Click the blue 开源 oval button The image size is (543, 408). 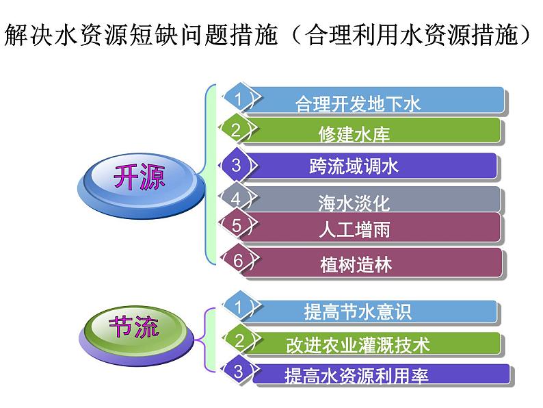138,180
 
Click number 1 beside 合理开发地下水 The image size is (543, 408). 238,99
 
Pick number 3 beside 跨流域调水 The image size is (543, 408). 236,165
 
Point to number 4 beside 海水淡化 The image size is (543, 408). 236,199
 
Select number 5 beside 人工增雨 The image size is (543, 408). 237,225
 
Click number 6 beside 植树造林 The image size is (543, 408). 238,261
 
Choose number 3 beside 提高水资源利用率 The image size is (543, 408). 238,371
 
